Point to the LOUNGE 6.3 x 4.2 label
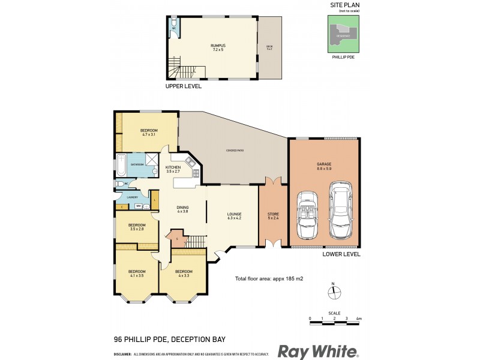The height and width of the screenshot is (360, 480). click(234, 216)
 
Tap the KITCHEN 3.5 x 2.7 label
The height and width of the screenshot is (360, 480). click(173, 169)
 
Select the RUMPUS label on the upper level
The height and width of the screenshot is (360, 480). click(217, 47)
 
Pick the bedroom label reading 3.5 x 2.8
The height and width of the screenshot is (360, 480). click(137, 227)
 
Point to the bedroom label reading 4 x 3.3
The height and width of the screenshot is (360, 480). click(184, 273)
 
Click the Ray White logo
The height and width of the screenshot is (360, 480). click(317, 351)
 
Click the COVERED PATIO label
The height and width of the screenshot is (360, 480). click(234, 151)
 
